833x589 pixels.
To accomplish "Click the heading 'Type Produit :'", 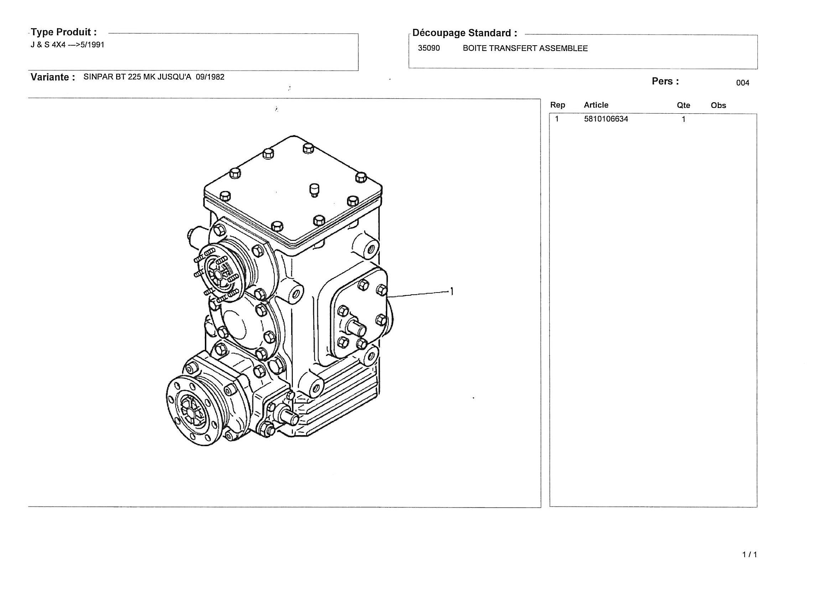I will pos(64,32).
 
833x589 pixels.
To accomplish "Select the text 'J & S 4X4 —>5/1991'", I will pos(67,45).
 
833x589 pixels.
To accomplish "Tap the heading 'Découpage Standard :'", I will pos(465,33).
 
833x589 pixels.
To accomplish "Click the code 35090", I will pos(429,48).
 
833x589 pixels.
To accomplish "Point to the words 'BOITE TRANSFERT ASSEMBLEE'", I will pos(525,48).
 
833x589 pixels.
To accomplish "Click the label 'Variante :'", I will pos(53,77).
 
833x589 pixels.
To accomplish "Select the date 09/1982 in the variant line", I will pos(210,77).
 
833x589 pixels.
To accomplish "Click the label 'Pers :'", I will pos(665,81).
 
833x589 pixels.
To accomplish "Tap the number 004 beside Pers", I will pos(743,83).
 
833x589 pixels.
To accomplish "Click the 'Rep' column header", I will pos(558,105).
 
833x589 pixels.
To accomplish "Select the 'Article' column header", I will pos(596,105).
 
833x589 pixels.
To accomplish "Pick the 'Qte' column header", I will pos(683,105).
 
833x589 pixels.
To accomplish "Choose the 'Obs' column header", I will pos(718,105).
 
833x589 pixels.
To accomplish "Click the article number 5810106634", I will pos(606,119).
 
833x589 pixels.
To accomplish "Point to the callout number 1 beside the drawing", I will pos(452,291).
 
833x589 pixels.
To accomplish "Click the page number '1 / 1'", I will pos(750,554).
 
